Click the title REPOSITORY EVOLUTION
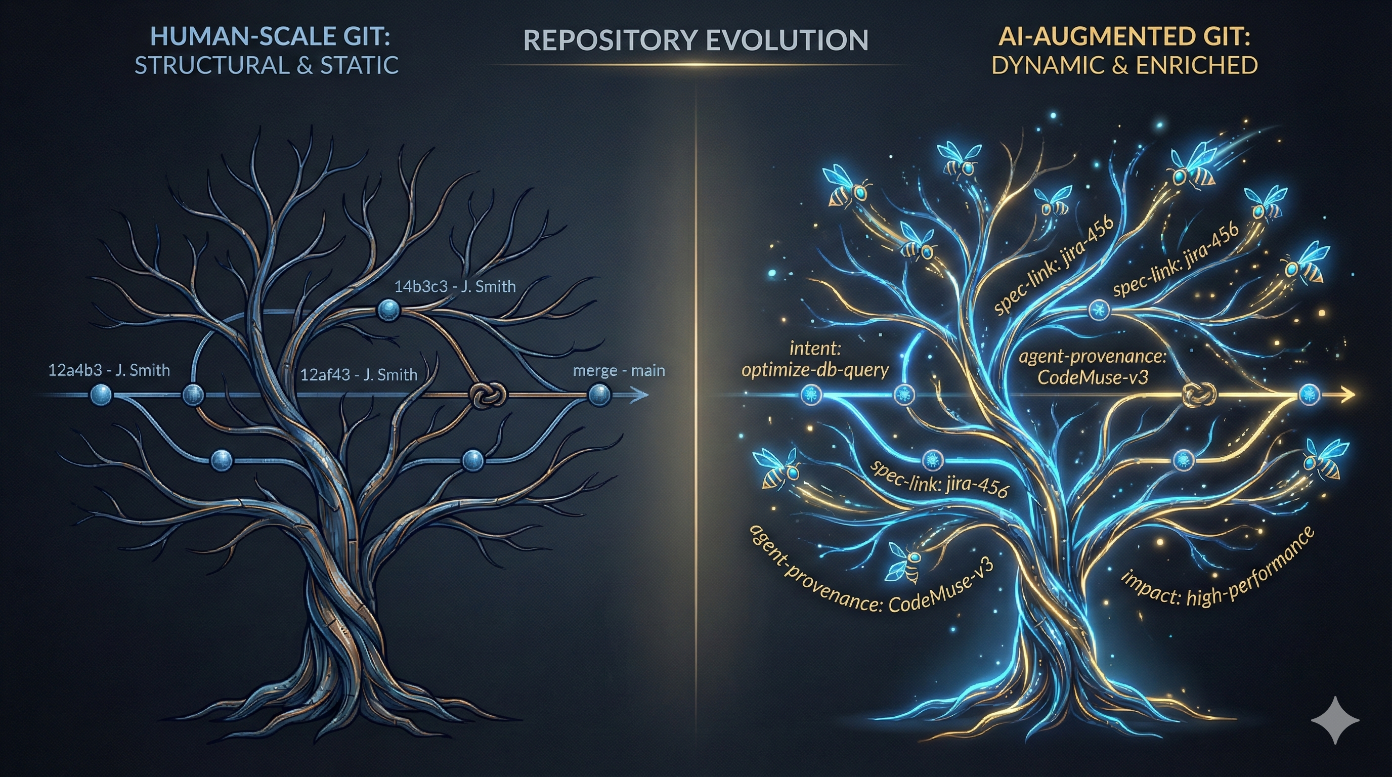coord(695,40)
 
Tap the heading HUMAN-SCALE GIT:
coord(270,37)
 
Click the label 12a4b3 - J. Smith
coord(109,371)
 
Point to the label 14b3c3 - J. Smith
coord(455,286)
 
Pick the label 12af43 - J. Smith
coord(359,375)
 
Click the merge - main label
coord(619,371)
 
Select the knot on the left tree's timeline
coord(489,395)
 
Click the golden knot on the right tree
coord(1199,395)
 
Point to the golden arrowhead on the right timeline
coord(1347,395)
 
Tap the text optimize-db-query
coord(815,370)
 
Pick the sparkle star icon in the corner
coord(1335,720)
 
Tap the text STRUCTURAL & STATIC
coord(267,66)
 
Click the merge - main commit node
coord(599,395)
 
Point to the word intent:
coord(815,349)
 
